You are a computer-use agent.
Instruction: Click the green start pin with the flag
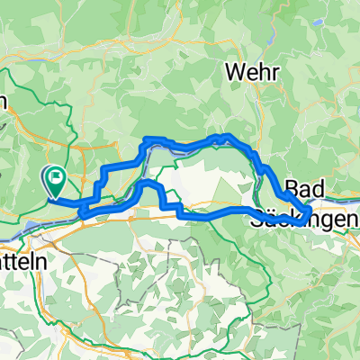pos(57,182)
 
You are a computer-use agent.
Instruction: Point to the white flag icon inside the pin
pos(57,177)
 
